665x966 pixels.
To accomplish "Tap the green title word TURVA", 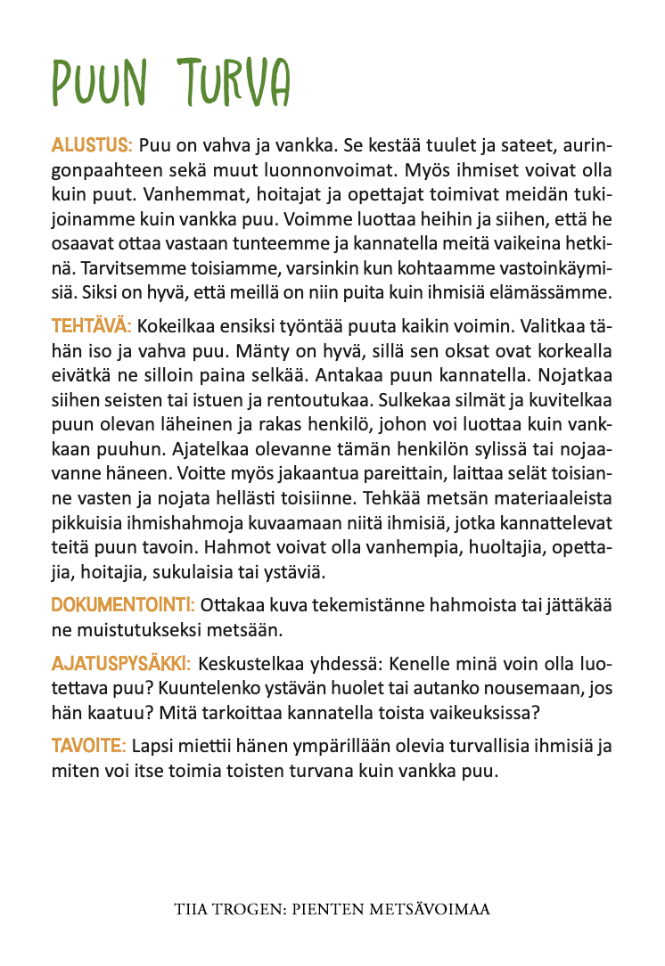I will tap(235, 85).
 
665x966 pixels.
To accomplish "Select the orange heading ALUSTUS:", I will tap(92, 144).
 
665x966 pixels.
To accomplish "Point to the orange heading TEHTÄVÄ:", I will tap(91, 326).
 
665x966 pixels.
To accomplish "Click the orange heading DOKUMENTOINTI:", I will tap(123, 605).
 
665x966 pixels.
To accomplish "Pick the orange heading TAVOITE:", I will tap(89, 744).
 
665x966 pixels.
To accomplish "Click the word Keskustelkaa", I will tap(259, 666).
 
